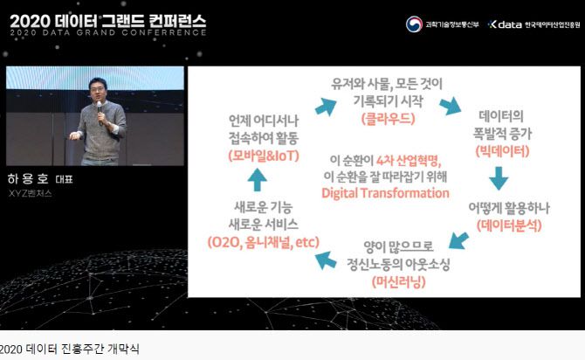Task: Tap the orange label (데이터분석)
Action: tap(510, 225)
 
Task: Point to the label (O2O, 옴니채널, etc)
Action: tap(263, 240)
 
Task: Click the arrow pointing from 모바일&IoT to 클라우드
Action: tap(325, 106)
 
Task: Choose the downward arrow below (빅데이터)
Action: tap(499, 178)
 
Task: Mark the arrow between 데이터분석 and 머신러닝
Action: tap(459, 239)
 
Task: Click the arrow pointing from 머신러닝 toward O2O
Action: tap(326, 258)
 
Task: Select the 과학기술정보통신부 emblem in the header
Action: tap(414, 24)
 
